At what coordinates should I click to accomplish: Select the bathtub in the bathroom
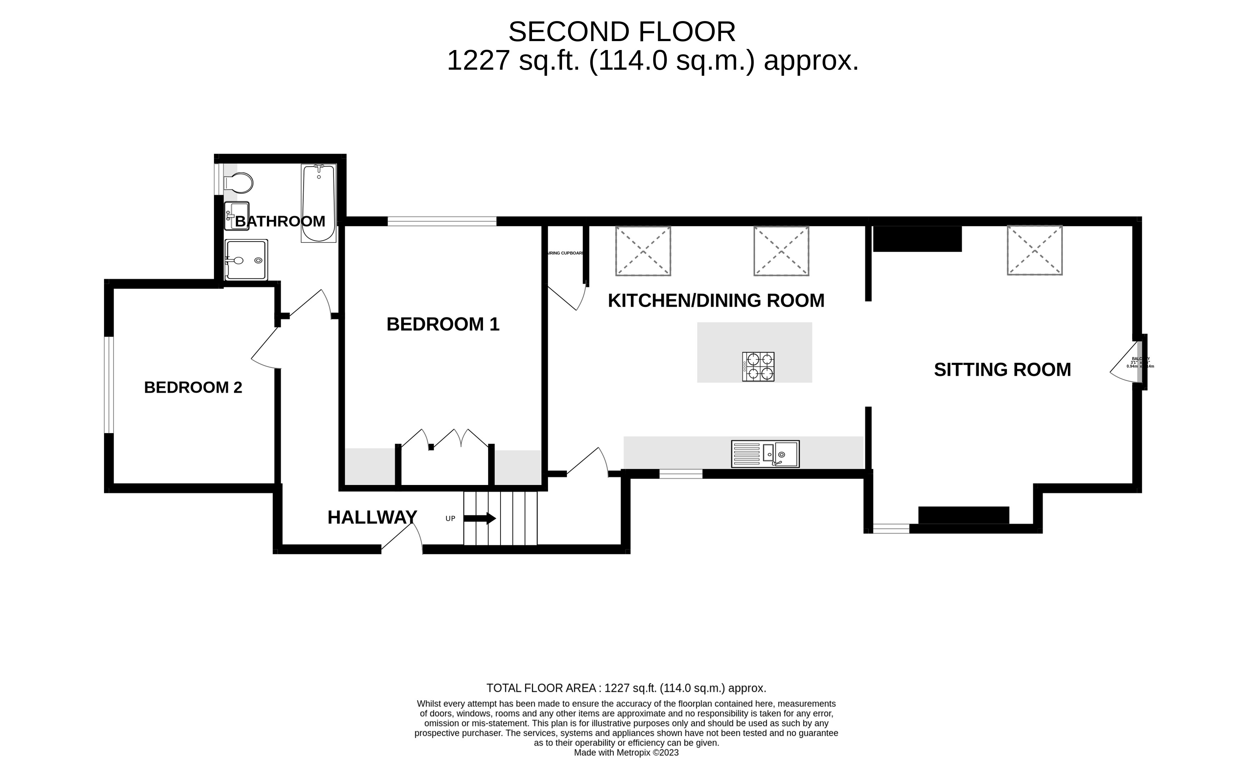coord(318,203)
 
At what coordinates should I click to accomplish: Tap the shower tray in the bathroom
coord(246,260)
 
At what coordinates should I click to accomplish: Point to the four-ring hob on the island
coord(758,366)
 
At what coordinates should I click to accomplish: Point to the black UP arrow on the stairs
coord(479,519)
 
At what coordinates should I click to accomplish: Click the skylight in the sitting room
coord(1034,250)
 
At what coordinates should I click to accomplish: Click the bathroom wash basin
coord(237,216)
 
